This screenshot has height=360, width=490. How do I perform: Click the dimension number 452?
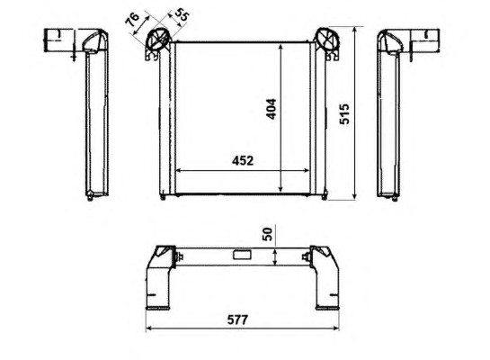(243, 161)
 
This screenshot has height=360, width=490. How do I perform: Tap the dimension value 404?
(272, 109)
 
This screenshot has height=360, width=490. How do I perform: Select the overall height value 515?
(344, 113)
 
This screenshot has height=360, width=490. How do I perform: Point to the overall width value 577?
(237, 319)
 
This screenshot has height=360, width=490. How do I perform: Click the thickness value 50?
(268, 234)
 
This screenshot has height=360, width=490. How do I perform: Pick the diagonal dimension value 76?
(132, 19)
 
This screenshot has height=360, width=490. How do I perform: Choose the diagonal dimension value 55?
(182, 14)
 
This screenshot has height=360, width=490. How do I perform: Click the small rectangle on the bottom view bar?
(242, 254)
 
